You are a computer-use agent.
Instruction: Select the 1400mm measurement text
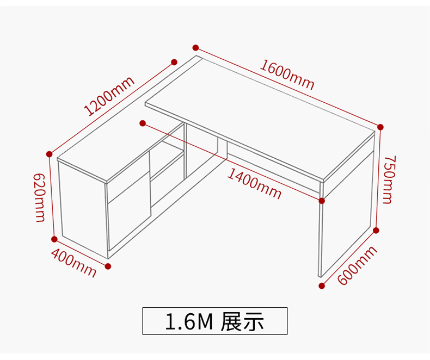[254, 183]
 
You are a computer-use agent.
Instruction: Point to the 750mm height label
[388, 179]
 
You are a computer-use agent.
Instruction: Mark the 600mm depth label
[357, 265]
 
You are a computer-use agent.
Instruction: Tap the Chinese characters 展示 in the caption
[243, 321]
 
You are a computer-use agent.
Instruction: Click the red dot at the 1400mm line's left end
[143, 123]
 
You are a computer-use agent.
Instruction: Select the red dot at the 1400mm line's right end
[322, 201]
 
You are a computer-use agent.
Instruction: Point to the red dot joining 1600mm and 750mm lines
[380, 127]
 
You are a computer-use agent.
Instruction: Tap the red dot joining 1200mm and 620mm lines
[50, 153]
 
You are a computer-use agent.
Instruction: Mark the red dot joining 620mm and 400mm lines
[54, 239]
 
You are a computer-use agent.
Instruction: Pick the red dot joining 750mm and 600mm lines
[376, 231]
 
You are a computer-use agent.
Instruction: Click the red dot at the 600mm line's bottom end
[321, 285]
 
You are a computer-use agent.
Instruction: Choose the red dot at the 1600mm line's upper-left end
[195, 48]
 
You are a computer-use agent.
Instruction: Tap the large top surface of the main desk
[261, 114]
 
